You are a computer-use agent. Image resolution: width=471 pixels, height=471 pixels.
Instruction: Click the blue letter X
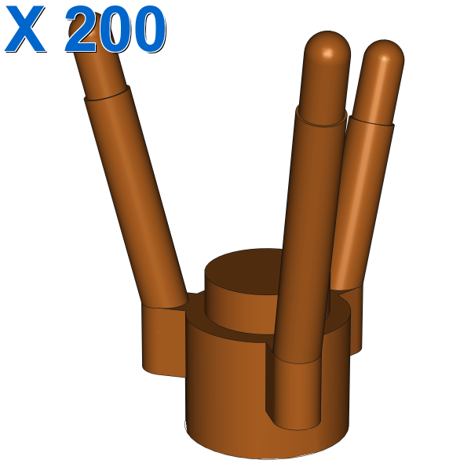25,29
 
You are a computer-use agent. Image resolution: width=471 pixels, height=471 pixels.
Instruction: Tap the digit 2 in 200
81,29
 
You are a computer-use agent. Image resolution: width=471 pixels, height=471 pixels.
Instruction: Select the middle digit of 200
115,29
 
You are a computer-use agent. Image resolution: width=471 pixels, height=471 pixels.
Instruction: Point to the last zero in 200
150,29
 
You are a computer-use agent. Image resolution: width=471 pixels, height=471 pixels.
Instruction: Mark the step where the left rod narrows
108,93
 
